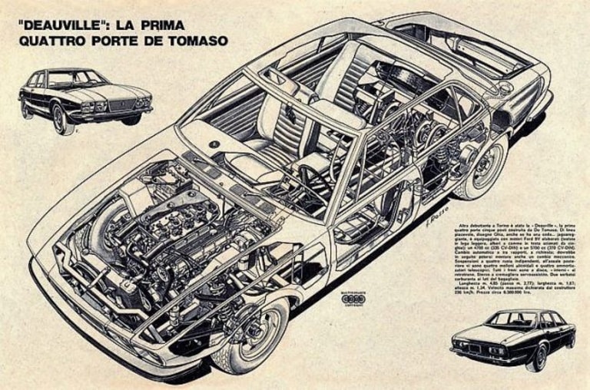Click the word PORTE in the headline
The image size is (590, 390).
coord(118,40)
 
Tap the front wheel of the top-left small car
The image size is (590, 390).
coord(59,120)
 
